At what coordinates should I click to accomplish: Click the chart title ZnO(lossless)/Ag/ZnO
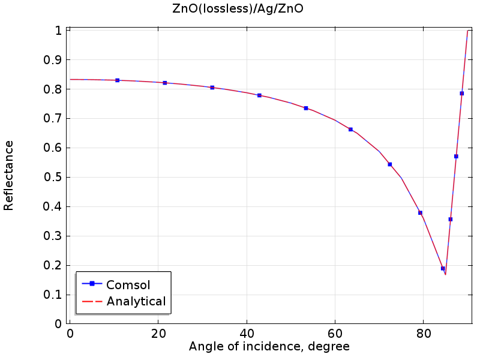240,9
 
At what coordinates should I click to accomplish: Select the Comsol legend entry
128,284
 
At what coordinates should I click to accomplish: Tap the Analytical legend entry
136,302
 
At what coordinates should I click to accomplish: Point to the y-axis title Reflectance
9,175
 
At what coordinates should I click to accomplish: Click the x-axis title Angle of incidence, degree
269,347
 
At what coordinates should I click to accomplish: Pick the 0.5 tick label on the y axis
55,177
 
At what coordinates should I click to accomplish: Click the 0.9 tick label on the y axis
55,59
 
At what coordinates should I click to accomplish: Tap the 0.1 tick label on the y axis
55,295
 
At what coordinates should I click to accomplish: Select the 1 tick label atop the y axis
59,30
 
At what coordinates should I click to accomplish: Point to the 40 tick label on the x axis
247,334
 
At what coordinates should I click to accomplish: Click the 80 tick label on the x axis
424,334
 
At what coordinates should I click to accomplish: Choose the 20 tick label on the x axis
158,334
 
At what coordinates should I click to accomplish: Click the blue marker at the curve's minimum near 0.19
443,268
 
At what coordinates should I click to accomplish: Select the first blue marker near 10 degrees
118,80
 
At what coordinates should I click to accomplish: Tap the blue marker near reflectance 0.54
390,164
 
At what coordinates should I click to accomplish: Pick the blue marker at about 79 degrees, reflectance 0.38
420,212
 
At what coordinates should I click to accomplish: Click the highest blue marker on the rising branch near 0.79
461,93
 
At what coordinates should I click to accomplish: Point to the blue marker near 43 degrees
259,95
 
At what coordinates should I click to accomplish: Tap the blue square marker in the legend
92,284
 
